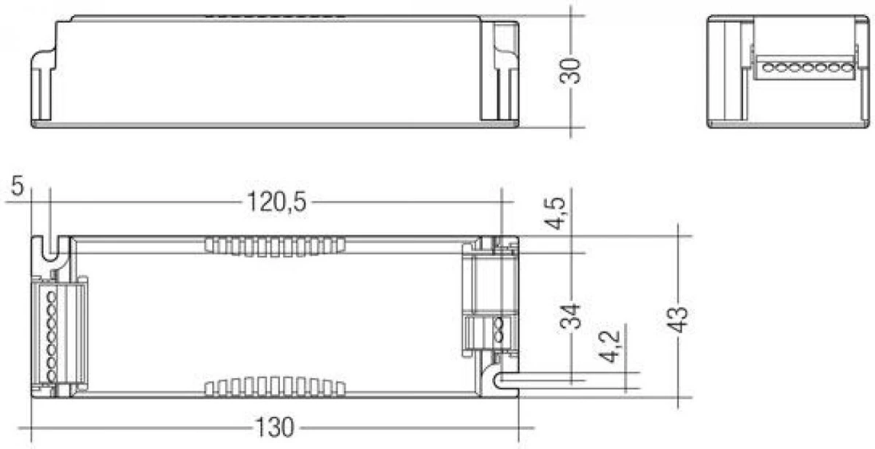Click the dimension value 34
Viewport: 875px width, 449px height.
pos(572,317)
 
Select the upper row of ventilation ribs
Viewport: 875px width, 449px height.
pos(274,246)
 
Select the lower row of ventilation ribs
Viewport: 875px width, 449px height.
pos(274,386)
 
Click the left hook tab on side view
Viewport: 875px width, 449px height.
pos(43,80)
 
